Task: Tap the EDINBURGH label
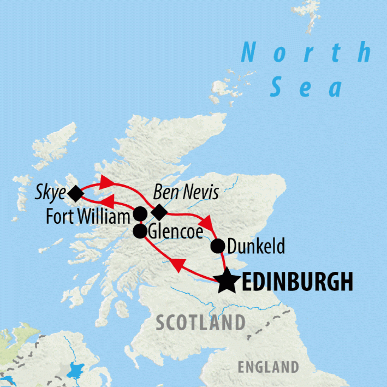tap(297, 282)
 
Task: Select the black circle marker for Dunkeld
tap(218, 246)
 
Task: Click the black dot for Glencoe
tap(140, 231)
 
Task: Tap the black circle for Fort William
tap(140, 214)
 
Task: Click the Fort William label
tap(88, 217)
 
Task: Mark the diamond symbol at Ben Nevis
tap(159, 213)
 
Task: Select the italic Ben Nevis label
tap(186, 193)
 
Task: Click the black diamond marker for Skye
tap(76, 194)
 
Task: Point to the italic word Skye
tap(51, 193)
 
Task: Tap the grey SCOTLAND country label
tap(200, 323)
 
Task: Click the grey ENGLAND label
tap(268, 367)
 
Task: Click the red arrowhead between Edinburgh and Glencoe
tap(178, 265)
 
